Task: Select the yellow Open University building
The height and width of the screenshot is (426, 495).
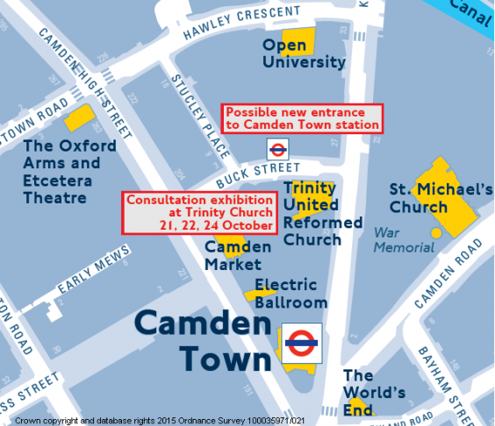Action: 298,39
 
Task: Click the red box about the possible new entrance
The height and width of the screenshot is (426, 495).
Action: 303,117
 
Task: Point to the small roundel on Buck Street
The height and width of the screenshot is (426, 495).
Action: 277,149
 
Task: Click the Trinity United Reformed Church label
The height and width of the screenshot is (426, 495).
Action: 322,213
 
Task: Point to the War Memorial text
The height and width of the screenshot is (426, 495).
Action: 403,240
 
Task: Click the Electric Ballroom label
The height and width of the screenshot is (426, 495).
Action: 291,294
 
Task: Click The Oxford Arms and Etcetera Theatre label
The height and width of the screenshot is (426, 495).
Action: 68,171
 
